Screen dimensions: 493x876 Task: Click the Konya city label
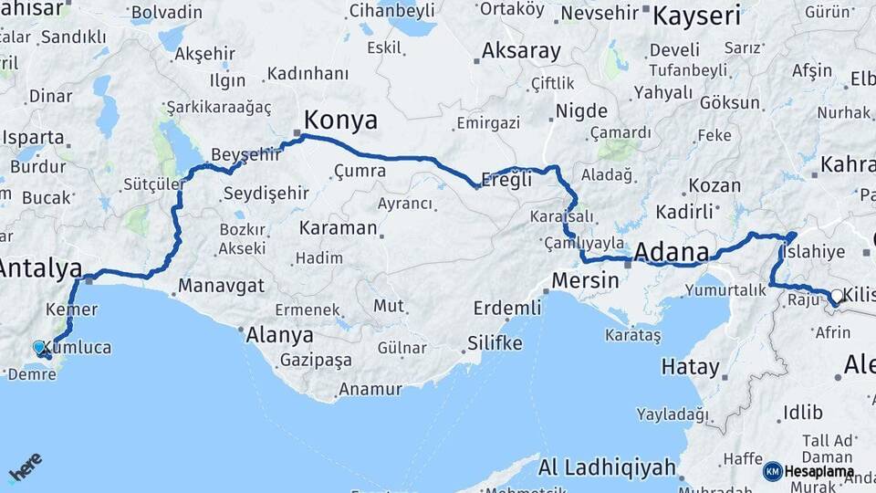pos(339,120)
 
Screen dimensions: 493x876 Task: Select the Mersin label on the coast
pos(586,280)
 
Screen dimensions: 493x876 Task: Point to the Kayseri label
pos(697,16)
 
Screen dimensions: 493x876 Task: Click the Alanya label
pos(279,335)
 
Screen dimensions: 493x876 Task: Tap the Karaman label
pos(338,228)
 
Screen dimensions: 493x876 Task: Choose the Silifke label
pos(495,343)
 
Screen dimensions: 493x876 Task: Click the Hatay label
pos(690,367)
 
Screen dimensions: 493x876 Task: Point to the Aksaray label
pos(521,51)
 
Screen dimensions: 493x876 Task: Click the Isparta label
pos(34,139)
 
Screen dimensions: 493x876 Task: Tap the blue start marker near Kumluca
pos(39,348)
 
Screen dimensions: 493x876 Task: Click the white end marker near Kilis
pos(837,296)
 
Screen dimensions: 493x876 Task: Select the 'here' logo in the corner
pos(25,467)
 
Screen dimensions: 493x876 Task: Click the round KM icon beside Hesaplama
pos(772,471)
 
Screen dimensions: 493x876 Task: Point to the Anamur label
pos(370,390)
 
